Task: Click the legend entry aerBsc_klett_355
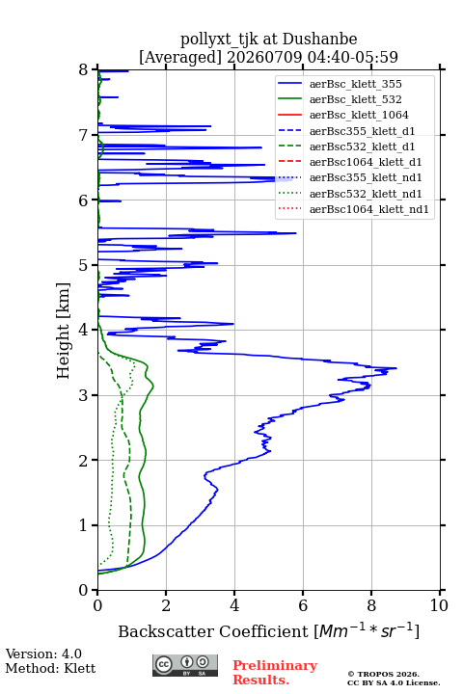355,84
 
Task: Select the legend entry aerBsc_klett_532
355,99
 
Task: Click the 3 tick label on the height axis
84,395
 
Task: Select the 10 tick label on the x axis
439,605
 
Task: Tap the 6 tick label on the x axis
303,605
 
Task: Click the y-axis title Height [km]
64,331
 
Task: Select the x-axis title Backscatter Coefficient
213,631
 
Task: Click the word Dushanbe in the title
319,40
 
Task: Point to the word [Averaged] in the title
180,57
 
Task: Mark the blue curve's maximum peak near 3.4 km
396,368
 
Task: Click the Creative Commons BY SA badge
185,666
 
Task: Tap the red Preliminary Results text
275,673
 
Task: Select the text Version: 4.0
43,654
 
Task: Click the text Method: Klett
50,668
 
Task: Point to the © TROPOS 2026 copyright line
383,674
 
